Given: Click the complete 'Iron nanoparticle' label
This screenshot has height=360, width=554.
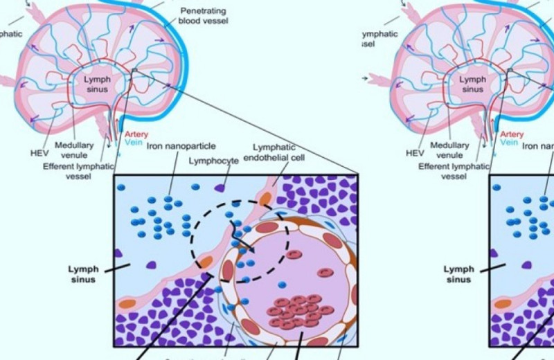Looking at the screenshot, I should tap(181, 146).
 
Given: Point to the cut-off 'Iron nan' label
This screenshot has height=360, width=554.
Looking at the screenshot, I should tap(538, 146).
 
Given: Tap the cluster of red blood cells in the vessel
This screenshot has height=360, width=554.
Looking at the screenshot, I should tap(297, 310).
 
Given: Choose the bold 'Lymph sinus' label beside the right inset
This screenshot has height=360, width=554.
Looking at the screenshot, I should tap(458, 273).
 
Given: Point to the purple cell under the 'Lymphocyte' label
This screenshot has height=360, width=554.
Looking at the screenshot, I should tap(221, 187).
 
